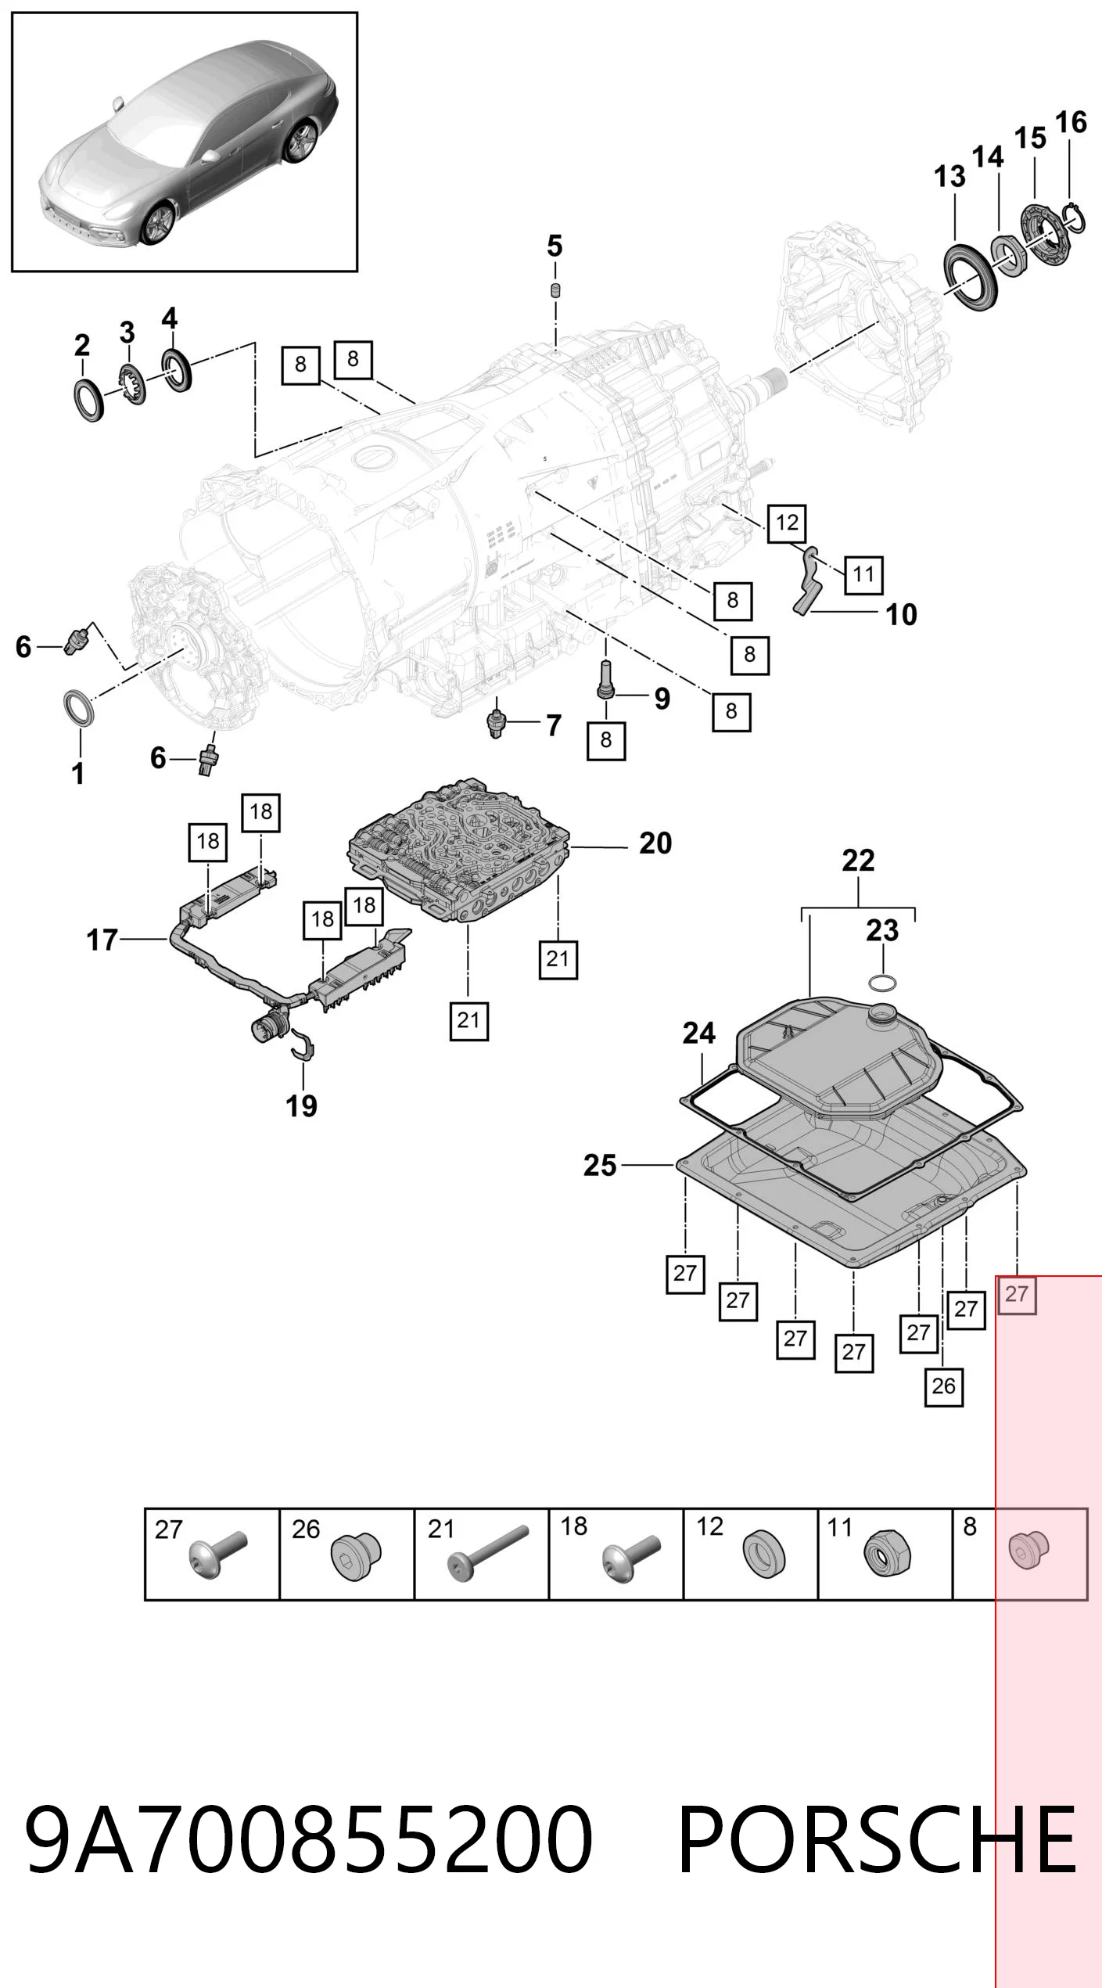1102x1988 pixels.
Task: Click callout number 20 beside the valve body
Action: click(655, 843)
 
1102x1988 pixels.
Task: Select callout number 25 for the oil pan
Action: click(600, 1166)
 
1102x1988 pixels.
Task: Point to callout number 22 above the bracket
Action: click(858, 861)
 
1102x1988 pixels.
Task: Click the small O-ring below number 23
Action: click(882, 982)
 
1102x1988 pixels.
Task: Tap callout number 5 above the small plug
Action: click(555, 246)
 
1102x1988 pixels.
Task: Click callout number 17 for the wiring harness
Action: click(102, 940)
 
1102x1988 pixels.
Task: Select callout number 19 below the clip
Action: click(302, 1106)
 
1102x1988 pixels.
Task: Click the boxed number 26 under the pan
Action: click(943, 1386)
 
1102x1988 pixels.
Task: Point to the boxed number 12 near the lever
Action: click(787, 523)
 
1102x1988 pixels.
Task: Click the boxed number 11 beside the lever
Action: click(863, 574)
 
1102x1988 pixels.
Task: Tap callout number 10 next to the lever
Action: click(901, 615)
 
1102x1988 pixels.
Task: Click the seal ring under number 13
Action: click(971, 280)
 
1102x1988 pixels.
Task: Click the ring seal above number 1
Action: click(81, 709)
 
